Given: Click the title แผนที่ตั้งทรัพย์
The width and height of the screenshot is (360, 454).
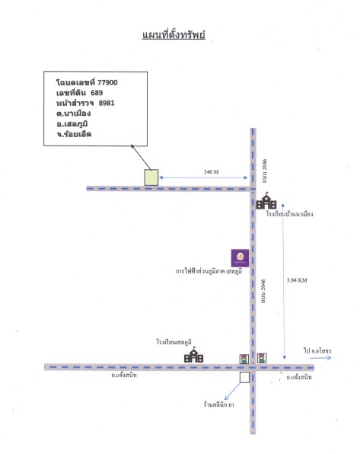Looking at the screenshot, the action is click(x=174, y=34).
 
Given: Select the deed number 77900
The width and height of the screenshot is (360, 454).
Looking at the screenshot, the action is click(x=107, y=82).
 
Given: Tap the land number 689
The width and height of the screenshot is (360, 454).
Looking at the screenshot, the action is click(x=97, y=93).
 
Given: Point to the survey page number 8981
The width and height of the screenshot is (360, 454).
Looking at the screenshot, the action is click(x=107, y=103).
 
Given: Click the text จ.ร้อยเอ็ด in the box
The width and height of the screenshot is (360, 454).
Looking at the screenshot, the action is click(x=74, y=134).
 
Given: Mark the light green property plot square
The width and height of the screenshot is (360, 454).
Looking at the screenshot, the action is click(x=151, y=177).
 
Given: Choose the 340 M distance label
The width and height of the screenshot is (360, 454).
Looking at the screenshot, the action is click(x=211, y=171).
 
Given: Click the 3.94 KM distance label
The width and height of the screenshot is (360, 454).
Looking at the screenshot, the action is click(x=297, y=280).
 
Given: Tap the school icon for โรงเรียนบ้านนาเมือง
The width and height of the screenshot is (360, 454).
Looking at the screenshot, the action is click(x=266, y=200).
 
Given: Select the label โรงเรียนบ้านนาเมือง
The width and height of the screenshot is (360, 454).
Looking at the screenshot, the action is click(x=290, y=214).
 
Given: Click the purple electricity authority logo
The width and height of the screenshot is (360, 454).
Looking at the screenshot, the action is click(x=240, y=257).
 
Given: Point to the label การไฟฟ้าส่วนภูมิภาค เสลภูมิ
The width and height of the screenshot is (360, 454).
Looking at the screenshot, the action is click(x=209, y=271).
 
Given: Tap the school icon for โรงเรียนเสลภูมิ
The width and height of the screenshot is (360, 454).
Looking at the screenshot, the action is click(x=194, y=354).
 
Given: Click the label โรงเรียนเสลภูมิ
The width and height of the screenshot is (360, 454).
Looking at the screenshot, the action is click(x=174, y=342).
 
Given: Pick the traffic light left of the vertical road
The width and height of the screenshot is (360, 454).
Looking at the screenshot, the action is click(x=244, y=359).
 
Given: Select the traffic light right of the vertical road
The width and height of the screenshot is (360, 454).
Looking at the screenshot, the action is click(x=262, y=358).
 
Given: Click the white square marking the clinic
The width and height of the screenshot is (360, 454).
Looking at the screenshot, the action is click(x=244, y=378).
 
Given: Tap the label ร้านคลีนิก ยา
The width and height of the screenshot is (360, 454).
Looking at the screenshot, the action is click(x=218, y=404).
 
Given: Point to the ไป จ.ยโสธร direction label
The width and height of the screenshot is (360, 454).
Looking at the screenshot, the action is click(x=317, y=350).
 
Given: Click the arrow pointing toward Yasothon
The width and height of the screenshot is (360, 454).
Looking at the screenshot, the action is click(x=320, y=358).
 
